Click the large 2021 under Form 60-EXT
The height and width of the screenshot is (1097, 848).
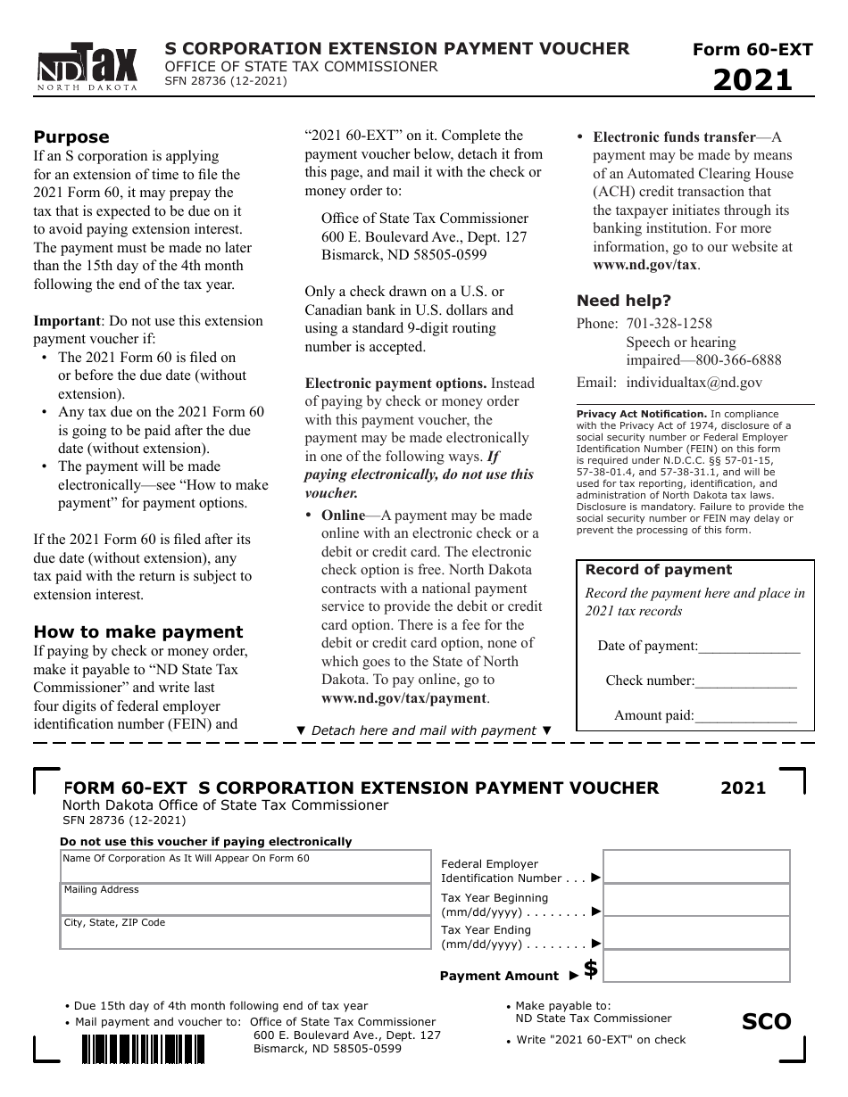click(x=752, y=80)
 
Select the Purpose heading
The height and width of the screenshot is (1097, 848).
click(x=71, y=136)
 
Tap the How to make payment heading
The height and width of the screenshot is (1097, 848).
click(x=137, y=631)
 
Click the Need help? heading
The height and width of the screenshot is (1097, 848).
click(x=624, y=301)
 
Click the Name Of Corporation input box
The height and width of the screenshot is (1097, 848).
click(x=245, y=867)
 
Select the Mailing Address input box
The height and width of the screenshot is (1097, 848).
click(x=245, y=899)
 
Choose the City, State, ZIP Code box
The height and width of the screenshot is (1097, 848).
click(x=245, y=932)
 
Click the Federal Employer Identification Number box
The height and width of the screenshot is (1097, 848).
click(x=696, y=866)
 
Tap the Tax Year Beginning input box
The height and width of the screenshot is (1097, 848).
click(x=696, y=899)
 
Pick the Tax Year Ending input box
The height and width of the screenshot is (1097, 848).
click(x=696, y=932)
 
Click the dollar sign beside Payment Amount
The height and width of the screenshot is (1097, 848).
click(x=590, y=969)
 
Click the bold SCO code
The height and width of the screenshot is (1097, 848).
click(x=766, y=1021)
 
